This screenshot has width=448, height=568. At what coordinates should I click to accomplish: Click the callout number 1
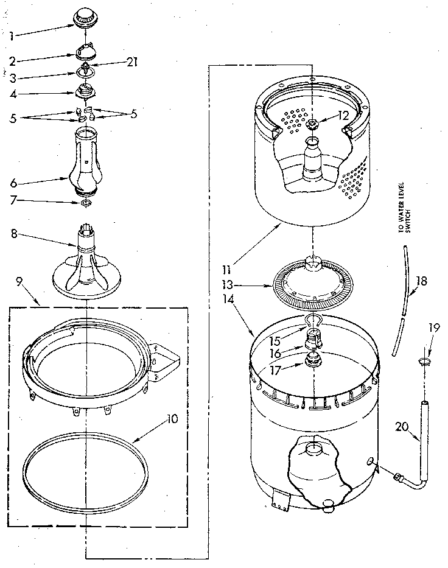12,35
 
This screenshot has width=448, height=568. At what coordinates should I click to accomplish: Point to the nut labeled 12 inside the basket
313,125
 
